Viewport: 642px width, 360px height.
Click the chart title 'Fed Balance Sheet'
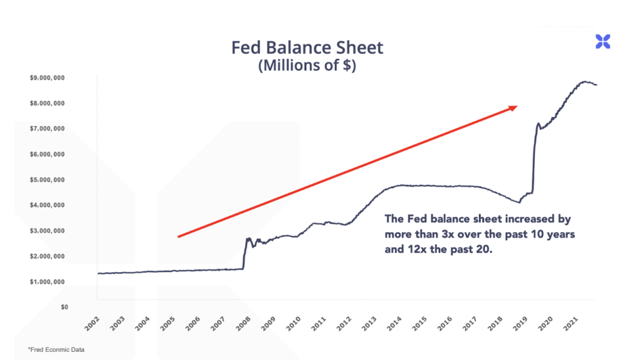click(307, 48)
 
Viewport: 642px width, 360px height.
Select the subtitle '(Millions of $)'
click(307, 66)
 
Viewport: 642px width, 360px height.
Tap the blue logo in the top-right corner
click(603, 42)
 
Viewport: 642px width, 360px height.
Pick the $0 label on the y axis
click(64, 307)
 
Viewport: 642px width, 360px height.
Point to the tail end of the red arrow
click(179, 236)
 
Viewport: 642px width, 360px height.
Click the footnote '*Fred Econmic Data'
click(56, 349)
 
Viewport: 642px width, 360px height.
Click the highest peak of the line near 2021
click(584, 82)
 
